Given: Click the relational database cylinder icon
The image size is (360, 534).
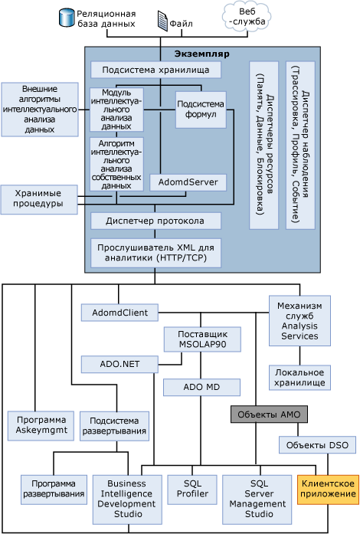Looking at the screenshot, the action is (67, 18).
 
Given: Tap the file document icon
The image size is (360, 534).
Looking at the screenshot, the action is (163, 21).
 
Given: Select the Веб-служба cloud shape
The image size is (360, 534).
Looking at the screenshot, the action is (247, 17).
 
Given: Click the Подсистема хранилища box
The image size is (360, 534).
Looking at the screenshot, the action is (155, 70).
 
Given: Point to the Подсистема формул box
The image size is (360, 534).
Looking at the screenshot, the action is (201, 110).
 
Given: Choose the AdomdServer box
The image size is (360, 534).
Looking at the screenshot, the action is (188, 182).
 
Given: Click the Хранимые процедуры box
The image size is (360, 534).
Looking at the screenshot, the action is (39, 199).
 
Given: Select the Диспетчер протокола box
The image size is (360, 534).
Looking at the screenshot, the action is (155, 221).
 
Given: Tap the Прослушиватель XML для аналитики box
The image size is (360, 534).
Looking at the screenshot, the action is (155, 253).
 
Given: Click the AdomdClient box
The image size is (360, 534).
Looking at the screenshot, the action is (119, 313).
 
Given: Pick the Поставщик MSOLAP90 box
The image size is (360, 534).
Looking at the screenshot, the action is (202, 339).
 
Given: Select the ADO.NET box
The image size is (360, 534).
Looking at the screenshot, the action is (119, 364).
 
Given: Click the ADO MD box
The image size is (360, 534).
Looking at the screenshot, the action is (201, 387).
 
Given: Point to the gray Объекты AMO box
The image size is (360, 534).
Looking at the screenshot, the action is (269, 414).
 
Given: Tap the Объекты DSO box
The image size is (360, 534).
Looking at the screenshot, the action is (317, 445).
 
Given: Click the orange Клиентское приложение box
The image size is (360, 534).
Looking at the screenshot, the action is (329, 490).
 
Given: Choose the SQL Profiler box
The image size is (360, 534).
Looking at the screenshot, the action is (192, 490).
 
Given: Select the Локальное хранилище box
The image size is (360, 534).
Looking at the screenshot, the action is (299, 378).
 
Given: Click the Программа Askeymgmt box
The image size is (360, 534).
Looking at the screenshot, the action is (41, 426).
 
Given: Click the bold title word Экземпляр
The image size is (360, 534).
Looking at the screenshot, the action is (202, 54).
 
